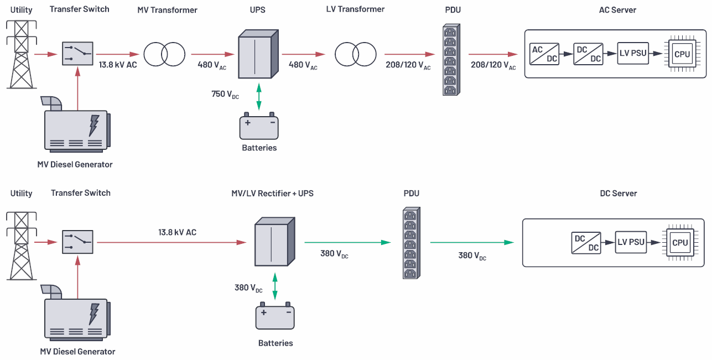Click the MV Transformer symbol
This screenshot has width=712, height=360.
pyautogui.click(x=164, y=54)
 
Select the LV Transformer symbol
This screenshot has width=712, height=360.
pyautogui.click(x=356, y=54)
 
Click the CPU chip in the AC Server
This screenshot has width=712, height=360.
pyautogui.click(x=682, y=54)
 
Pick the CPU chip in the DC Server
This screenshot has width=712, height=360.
pyautogui.click(x=679, y=242)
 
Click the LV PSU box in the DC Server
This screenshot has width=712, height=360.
pyautogui.click(x=631, y=242)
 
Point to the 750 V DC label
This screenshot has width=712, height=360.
pyautogui.click(x=226, y=94)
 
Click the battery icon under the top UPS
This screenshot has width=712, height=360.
pyautogui.click(x=259, y=127)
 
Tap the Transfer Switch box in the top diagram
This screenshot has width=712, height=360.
pyautogui.click(x=77, y=54)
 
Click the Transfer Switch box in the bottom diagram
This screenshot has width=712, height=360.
pyautogui.click(x=77, y=242)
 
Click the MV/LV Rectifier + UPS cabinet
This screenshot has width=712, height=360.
pyautogui.click(x=272, y=242)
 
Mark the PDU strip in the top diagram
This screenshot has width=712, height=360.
pyautogui.click(x=451, y=60)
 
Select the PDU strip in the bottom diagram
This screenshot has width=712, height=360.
pyautogui.click(x=410, y=243)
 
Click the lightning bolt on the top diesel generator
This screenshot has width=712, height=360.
pyautogui.click(x=94, y=125)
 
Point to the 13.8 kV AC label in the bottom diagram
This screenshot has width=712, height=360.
pyautogui.click(x=177, y=232)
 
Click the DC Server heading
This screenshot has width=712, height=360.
pyautogui.click(x=619, y=194)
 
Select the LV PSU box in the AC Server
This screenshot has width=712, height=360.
pyautogui.click(x=632, y=54)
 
